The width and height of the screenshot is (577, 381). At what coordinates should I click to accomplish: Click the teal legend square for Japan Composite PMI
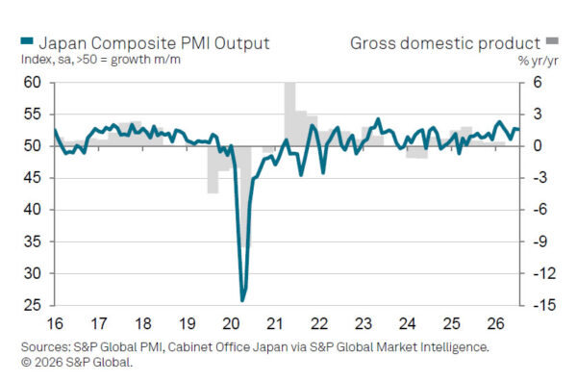pos(27,40)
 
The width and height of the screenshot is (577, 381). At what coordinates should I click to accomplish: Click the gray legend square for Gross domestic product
pos(552,40)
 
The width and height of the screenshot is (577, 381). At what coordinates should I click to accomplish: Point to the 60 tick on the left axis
pos(33,83)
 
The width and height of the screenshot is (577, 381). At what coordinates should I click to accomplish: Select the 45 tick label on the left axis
pos(33,178)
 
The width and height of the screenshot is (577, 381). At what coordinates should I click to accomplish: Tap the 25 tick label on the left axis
pos(33,305)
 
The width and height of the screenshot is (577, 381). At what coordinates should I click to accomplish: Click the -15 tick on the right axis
pos(542,305)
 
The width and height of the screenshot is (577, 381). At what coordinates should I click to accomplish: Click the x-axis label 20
pos(231,324)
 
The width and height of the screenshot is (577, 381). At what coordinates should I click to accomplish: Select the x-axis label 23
pos(364,324)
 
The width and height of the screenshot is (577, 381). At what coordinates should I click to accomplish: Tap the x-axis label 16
pos(55,324)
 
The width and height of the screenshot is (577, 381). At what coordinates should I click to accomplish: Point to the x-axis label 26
pos(495,324)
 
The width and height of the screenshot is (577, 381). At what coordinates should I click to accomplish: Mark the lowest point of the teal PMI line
pos(242,301)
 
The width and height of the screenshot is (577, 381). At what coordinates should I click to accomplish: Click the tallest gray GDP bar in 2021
pos(290,114)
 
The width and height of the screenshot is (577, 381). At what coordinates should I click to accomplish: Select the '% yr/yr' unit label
pos(538,61)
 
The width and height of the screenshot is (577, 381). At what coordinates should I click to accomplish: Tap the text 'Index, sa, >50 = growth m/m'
pos(101,60)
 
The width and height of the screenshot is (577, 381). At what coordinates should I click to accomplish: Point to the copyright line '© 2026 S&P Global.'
pos(77,362)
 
